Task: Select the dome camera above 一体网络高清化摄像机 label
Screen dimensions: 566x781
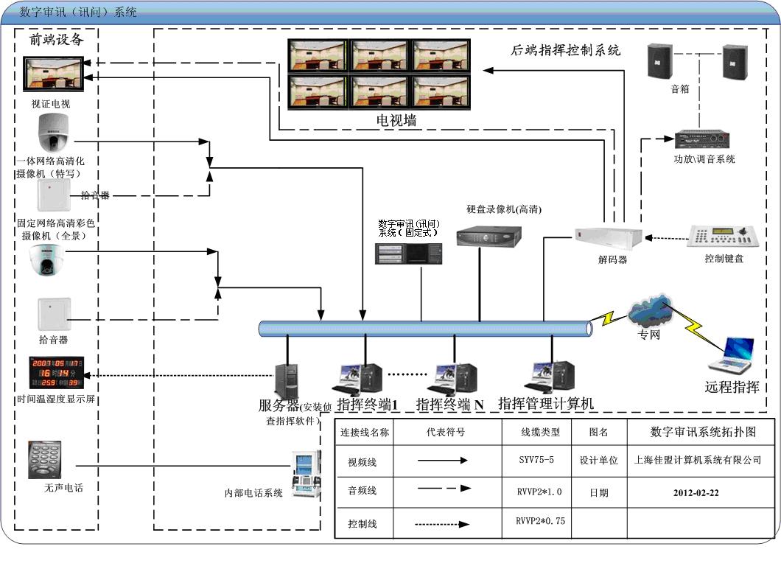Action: point(53,133)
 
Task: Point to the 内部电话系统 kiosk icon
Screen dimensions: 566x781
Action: point(307,471)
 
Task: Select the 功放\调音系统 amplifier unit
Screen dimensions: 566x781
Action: point(702,139)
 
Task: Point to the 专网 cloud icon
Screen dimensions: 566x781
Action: point(651,312)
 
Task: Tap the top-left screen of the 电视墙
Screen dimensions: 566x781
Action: point(318,55)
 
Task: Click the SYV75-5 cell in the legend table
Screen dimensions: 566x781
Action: point(536,460)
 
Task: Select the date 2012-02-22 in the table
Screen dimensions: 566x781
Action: point(696,492)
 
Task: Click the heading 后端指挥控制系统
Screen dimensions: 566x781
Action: point(566,51)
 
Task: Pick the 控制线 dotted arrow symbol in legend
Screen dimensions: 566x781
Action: point(441,524)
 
